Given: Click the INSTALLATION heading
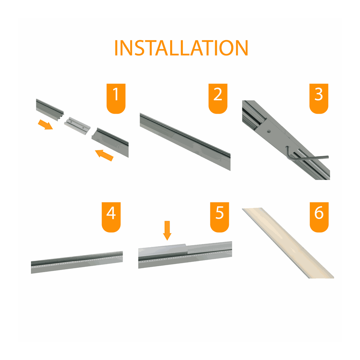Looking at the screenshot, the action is tap(181, 48).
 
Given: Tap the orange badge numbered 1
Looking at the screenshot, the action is tap(116, 98).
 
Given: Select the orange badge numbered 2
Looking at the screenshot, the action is tap(218, 98).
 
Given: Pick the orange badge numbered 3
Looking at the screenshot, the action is tap(319, 98).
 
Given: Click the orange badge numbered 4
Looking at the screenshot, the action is tap(111, 217).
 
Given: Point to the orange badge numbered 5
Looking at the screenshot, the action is tap(219, 217).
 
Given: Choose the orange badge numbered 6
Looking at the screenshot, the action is tap(319, 217).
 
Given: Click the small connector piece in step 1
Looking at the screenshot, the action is tap(77, 126).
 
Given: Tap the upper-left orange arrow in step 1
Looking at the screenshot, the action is tap(45, 125).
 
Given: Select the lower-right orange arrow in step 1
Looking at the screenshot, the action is tap(104, 155).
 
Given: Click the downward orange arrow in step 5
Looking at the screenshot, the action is tap(167, 231).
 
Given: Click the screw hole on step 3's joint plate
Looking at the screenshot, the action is tap(269, 131).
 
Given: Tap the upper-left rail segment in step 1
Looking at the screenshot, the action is tap(50, 110).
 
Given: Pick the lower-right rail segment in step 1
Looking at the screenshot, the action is tap(110, 142).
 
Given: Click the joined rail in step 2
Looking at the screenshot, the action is tap(185, 142).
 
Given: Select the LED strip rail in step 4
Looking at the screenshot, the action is tap(77, 262).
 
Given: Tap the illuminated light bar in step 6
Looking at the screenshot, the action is tap(288, 243).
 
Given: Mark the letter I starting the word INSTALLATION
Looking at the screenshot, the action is tap(116, 48).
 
